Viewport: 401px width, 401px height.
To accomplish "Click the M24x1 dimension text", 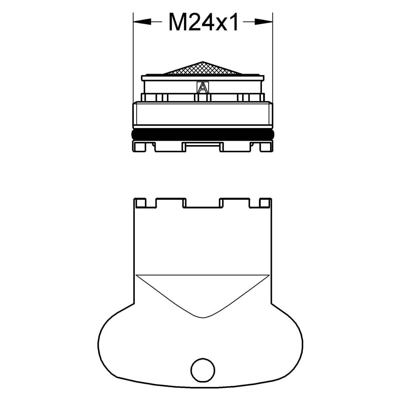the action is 204,22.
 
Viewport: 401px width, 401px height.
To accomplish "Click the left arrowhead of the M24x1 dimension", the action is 142,22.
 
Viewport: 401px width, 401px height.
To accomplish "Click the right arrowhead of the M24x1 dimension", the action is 264,22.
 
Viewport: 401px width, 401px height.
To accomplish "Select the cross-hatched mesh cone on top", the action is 202,68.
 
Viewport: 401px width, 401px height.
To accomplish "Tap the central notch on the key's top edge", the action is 203,203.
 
